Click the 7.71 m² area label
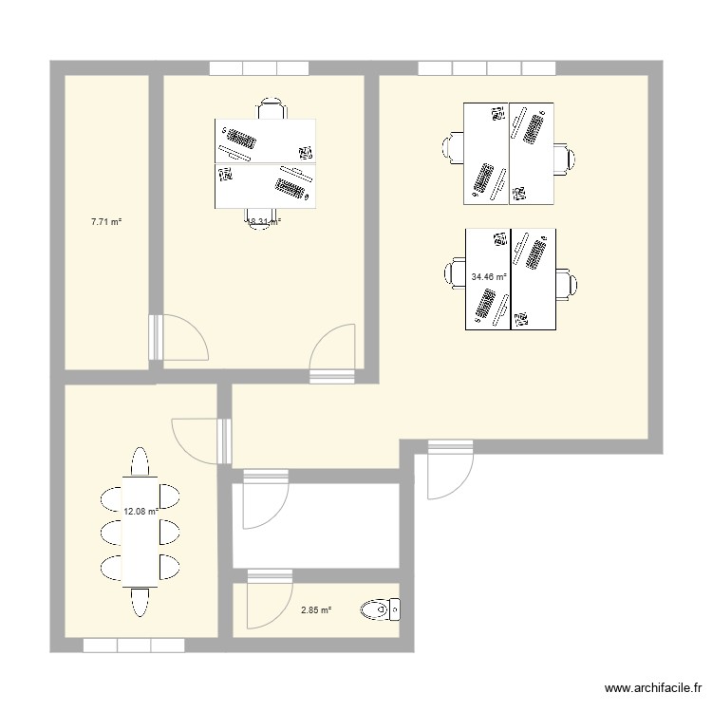pyautogui.click(x=105, y=222)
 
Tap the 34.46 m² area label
pyautogui.click(x=488, y=277)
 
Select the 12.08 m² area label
pyautogui.click(x=140, y=511)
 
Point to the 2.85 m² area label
pyautogui.click(x=316, y=610)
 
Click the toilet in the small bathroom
pyautogui.click(x=384, y=609)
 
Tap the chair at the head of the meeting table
pyautogui.click(x=140, y=462)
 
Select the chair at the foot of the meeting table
pyautogui.click(x=140, y=602)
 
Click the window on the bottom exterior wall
pyautogui.click(x=133, y=646)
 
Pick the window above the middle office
pyautogui.click(x=259, y=68)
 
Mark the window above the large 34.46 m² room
pyautogui.click(x=486, y=68)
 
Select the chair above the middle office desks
pyautogui.click(x=272, y=109)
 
